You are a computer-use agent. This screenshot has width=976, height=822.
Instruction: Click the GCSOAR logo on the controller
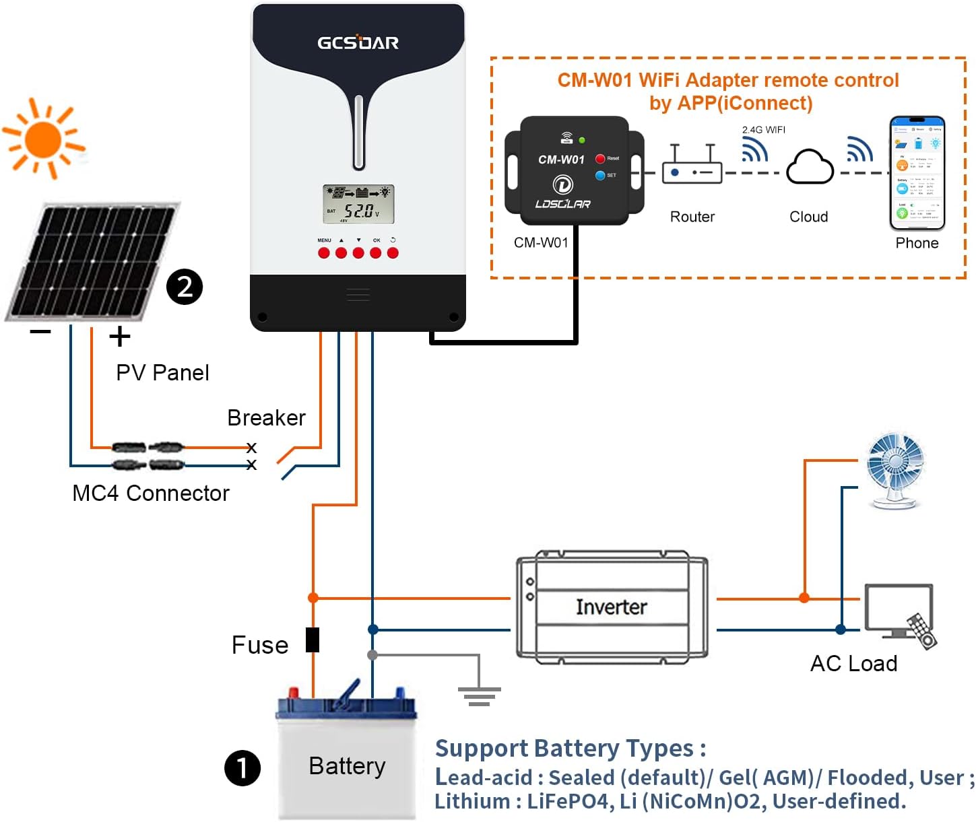point(358,42)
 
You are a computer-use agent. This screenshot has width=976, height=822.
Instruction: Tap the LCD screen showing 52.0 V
point(358,204)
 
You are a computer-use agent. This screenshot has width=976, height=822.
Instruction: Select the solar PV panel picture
point(91,263)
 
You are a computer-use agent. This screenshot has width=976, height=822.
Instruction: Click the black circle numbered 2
point(185,287)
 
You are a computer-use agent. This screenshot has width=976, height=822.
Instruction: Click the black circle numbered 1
point(242,768)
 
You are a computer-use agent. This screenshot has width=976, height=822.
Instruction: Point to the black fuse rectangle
point(313,640)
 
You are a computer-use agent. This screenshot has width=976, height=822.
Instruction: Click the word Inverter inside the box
point(611,607)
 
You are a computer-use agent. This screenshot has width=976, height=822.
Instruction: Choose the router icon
point(692,166)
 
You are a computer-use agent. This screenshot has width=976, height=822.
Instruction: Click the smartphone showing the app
point(917,173)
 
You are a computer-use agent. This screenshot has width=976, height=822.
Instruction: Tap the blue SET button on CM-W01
point(600,175)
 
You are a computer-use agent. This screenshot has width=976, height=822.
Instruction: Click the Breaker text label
point(266,418)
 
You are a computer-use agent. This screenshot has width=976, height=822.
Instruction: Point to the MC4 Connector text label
point(151,493)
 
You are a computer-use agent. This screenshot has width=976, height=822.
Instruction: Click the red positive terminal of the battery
point(294,693)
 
